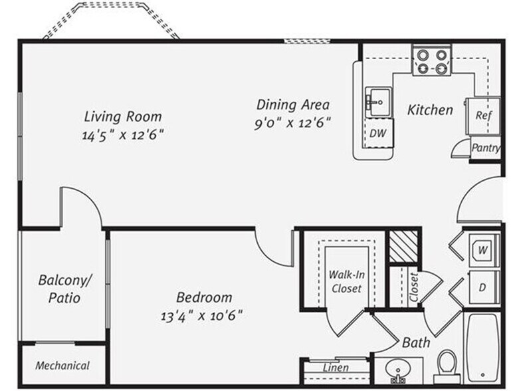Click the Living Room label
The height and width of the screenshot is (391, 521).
pyautogui.click(x=123, y=116)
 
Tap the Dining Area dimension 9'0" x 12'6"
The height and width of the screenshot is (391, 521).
pyautogui.click(x=293, y=123)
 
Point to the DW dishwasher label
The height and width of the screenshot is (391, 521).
pyautogui.click(x=378, y=134)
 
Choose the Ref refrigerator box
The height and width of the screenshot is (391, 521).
pyautogui.click(x=483, y=115)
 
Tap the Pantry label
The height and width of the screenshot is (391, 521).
pyautogui.click(x=485, y=148)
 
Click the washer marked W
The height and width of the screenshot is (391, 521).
pyautogui.click(x=483, y=251)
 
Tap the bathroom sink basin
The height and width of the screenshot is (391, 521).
pyautogui.click(x=399, y=370)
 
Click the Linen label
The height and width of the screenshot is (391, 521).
pyautogui.click(x=336, y=368)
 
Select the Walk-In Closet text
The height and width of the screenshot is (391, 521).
pyautogui.click(x=346, y=281)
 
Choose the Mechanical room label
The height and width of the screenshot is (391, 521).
pyautogui.click(x=62, y=366)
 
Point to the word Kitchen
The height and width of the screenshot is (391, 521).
pyautogui.click(x=430, y=110)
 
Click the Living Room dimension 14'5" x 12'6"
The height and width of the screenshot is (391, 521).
pyautogui.click(x=123, y=134)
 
